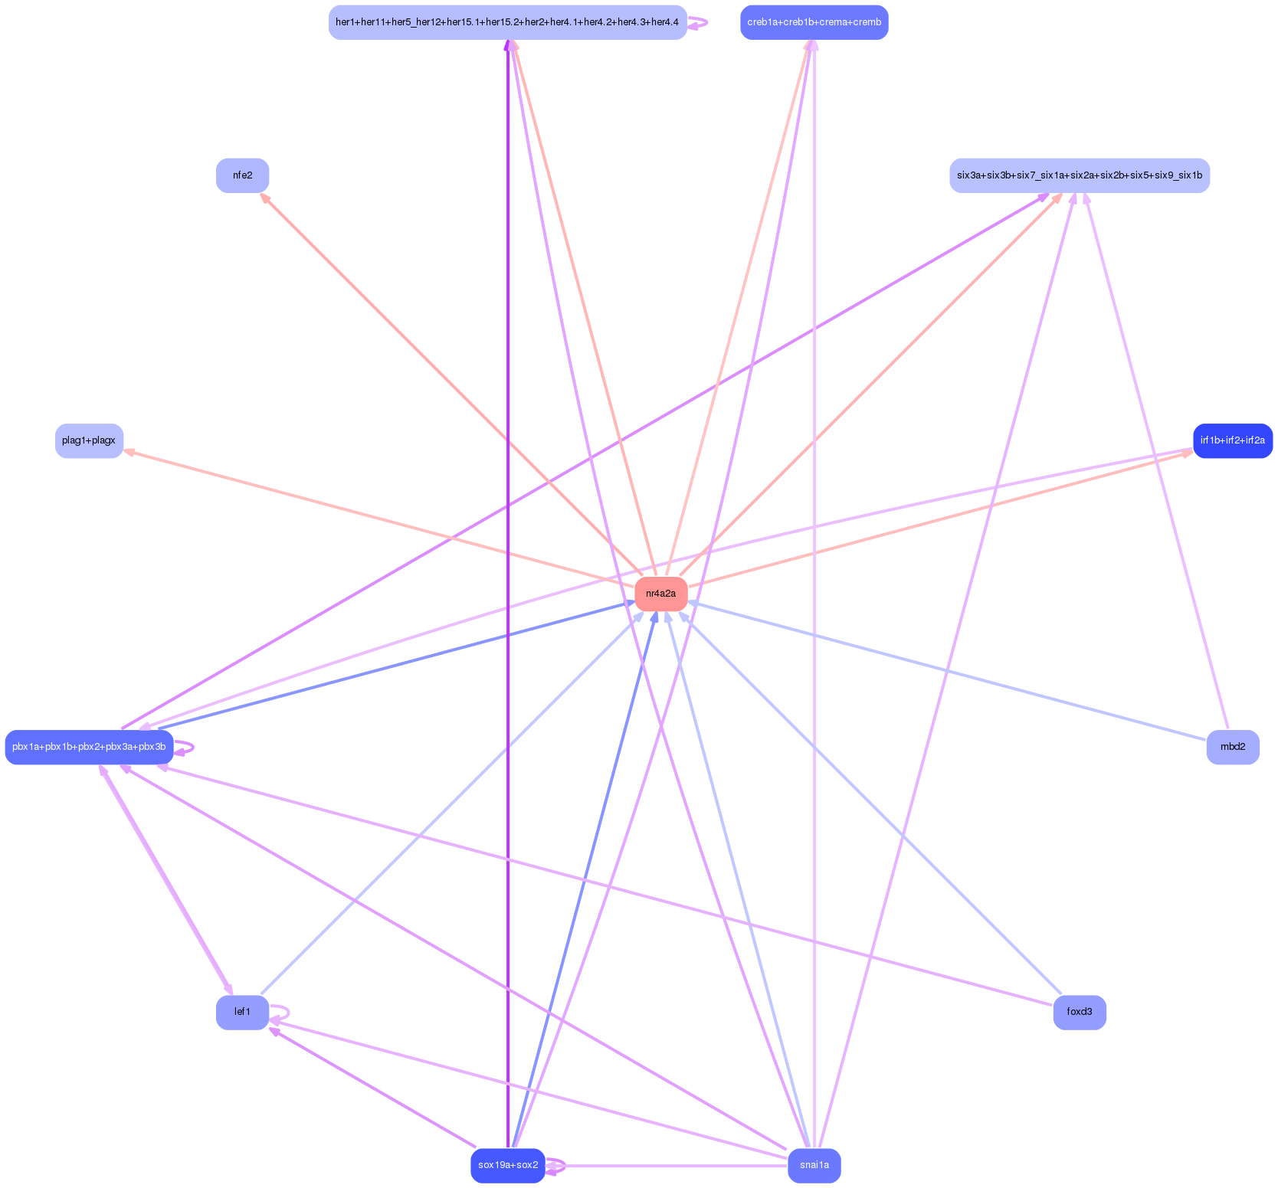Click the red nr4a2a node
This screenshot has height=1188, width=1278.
(660, 594)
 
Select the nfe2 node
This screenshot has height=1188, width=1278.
(242, 175)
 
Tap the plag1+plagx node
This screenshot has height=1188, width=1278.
(89, 440)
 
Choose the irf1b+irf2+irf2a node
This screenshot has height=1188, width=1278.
(1232, 440)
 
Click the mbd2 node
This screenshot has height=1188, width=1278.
(1232, 747)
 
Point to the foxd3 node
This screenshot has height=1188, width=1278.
(1079, 1012)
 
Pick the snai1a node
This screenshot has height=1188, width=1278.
(814, 1165)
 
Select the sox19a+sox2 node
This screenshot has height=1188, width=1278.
(507, 1165)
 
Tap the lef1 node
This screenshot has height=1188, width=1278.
(242, 1012)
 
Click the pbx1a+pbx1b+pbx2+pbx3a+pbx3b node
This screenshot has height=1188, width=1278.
(89, 747)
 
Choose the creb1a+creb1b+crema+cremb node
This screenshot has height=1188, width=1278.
(814, 22)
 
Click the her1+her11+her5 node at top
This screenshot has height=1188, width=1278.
(507, 22)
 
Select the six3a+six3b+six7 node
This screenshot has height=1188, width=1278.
(1079, 175)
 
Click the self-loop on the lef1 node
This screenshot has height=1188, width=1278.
(287, 1012)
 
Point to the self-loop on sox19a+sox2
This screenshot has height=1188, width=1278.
(564, 1165)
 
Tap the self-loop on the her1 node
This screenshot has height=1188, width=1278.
(705, 22)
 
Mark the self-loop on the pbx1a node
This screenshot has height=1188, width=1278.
(192, 747)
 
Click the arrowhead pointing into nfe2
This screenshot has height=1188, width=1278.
(264, 197)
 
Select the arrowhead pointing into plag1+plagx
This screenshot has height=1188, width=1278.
(129, 452)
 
